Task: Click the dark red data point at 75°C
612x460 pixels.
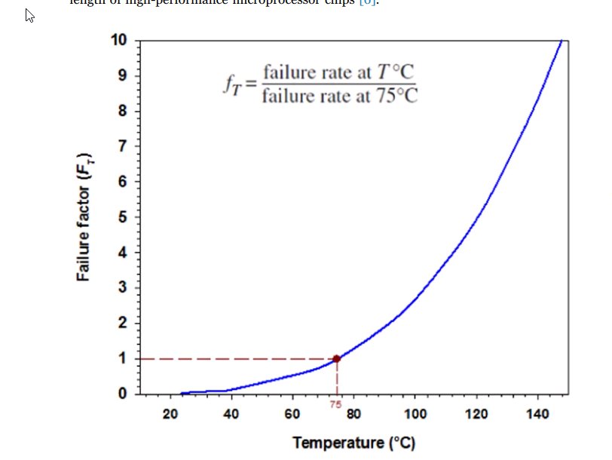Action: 336,359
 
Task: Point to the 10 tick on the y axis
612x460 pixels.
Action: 120,40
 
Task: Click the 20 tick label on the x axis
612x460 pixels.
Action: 170,414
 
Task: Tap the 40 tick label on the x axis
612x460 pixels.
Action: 231,414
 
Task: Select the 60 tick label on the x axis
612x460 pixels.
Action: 292,414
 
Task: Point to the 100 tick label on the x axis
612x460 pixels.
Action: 415,414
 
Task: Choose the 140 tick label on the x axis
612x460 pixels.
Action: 538,414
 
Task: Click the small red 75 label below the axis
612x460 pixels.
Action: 336,405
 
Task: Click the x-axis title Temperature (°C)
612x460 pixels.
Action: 353,442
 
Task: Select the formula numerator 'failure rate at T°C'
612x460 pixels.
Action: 339,73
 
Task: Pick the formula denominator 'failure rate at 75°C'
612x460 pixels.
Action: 339,96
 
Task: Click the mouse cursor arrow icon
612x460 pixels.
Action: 29,16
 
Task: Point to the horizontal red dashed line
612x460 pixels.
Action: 226,359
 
